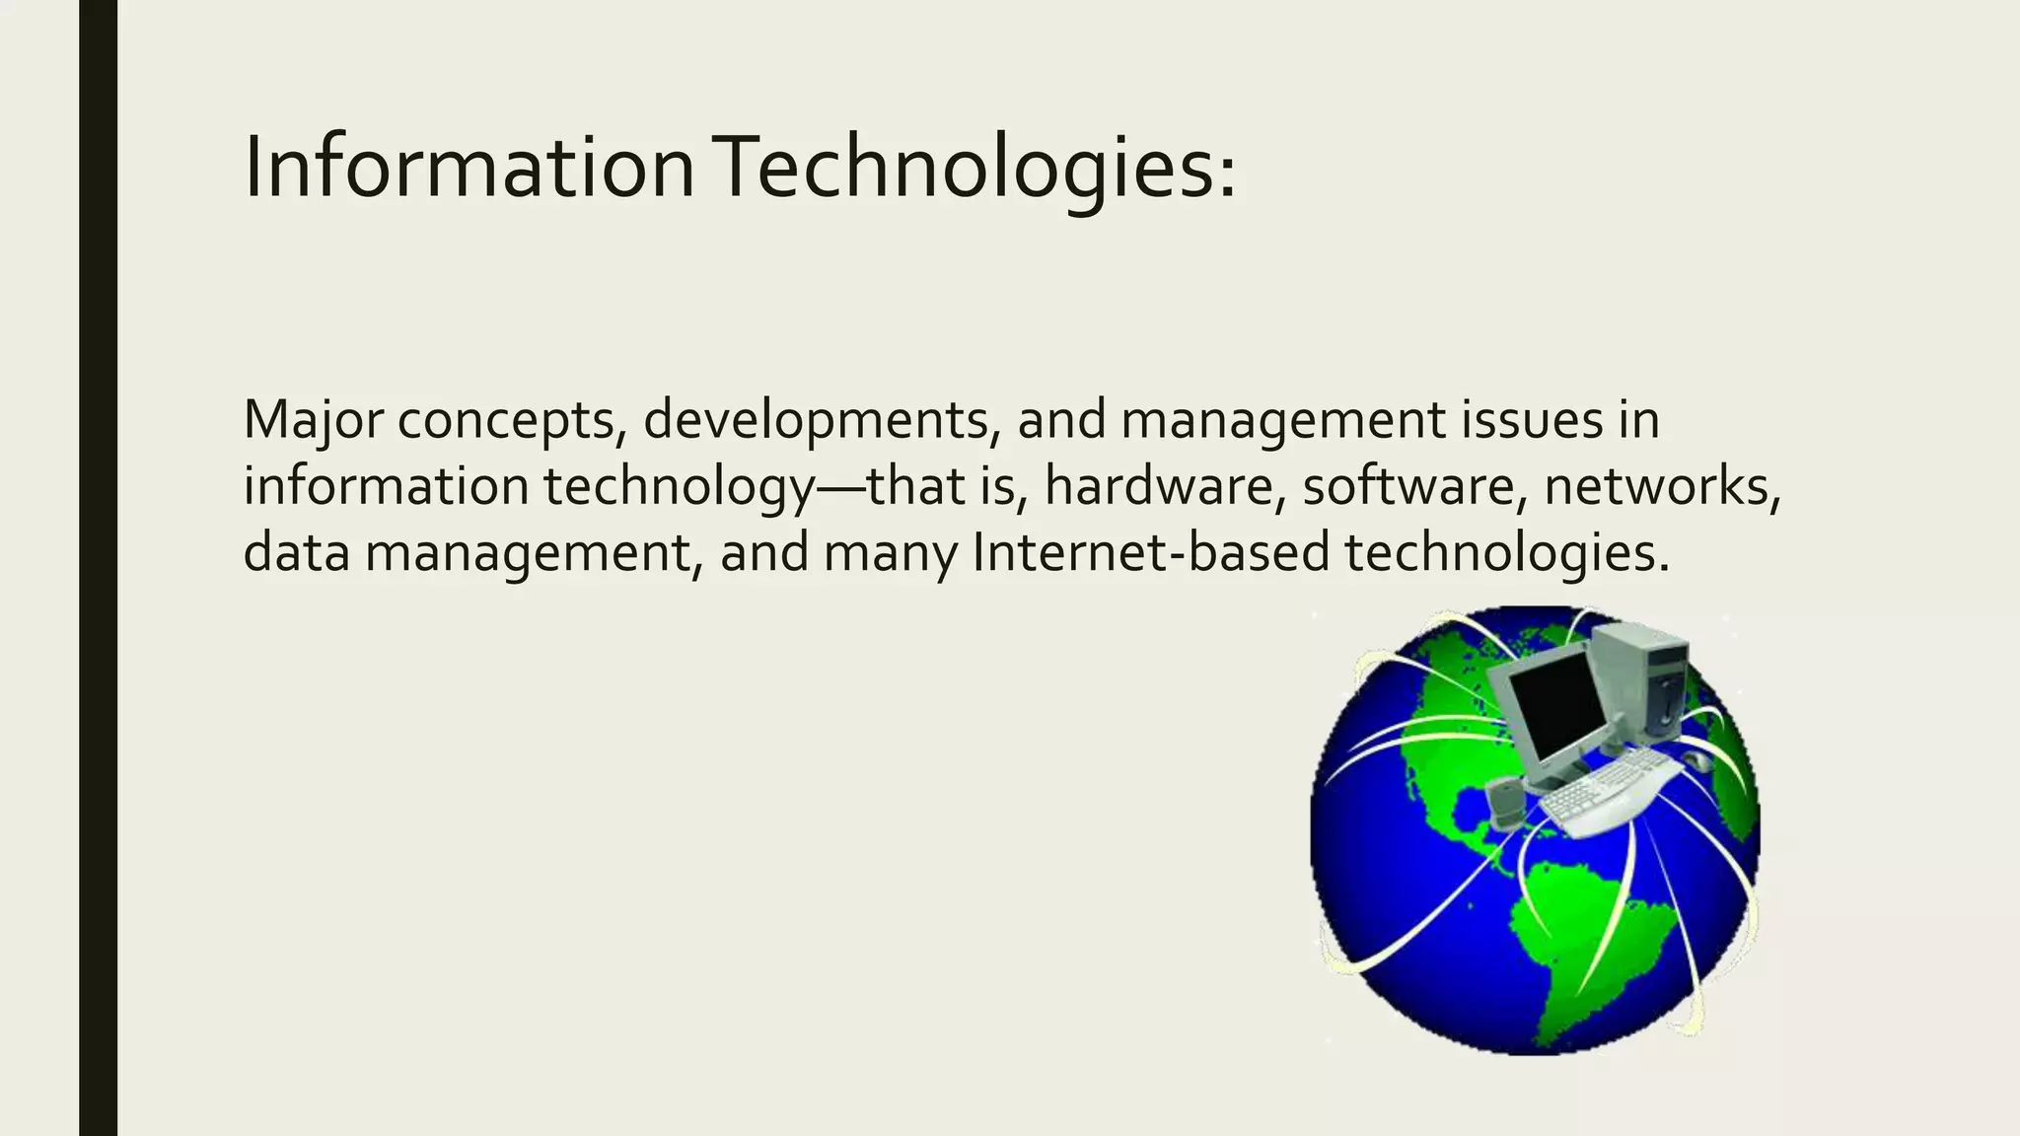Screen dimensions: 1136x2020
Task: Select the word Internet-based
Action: click(x=1150, y=552)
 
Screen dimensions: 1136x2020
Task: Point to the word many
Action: click(x=890, y=554)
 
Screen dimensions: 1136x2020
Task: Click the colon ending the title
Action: click(x=1226, y=177)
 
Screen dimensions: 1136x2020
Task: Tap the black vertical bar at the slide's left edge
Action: click(x=98, y=568)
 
